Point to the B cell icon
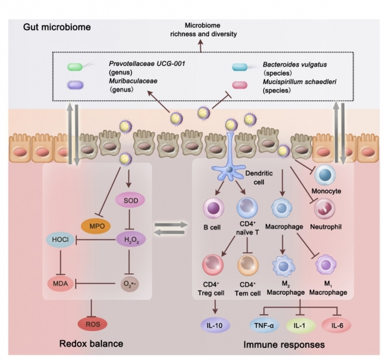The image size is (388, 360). [213, 209]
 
